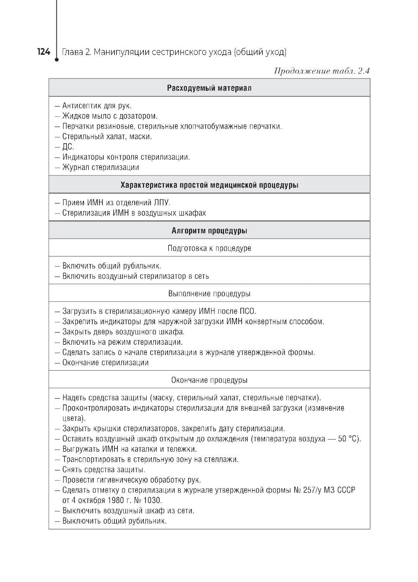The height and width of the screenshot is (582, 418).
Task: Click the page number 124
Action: pyautogui.click(x=43, y=52)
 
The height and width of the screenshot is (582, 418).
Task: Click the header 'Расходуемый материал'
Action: pyautogui.click(x=209, y=88)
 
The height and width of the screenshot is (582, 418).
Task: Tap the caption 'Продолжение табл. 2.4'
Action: pyautogui.click(x=321, y=71)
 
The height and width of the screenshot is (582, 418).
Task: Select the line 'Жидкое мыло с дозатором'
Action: pyautogui.click(x=110, y=116)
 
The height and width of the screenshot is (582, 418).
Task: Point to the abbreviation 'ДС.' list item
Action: pyautogui.click(x=68, y=147)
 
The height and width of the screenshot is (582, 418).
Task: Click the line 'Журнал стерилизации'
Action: pyautogui.click(x=101, y=167)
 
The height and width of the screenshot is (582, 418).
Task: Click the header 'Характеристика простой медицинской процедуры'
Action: pyautogui.click(x=209, y=185)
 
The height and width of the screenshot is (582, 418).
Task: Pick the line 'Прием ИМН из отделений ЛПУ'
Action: pyautogui.click(x=116, y=203)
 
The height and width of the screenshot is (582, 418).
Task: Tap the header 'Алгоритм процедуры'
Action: pyautogui.click(x=209, y=231)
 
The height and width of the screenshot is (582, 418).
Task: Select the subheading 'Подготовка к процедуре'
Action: pyautogui.click(x=209, y=248)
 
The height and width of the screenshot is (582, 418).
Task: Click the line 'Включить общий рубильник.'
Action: pyautogui.click(x=112, y=266)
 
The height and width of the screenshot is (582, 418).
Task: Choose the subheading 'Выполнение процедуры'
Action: pyautogui.click(x=209, y=294)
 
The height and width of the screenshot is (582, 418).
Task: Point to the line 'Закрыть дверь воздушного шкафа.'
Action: pyautogui.click(x=123, y=332)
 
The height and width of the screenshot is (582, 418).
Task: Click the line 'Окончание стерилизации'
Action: pyautogui.click(x=105, y=362)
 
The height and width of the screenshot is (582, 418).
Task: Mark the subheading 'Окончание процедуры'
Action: pyautogui.click(x=209, y=380)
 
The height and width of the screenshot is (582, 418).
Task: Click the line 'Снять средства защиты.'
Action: pyautogui.click(x=104, y=470)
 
